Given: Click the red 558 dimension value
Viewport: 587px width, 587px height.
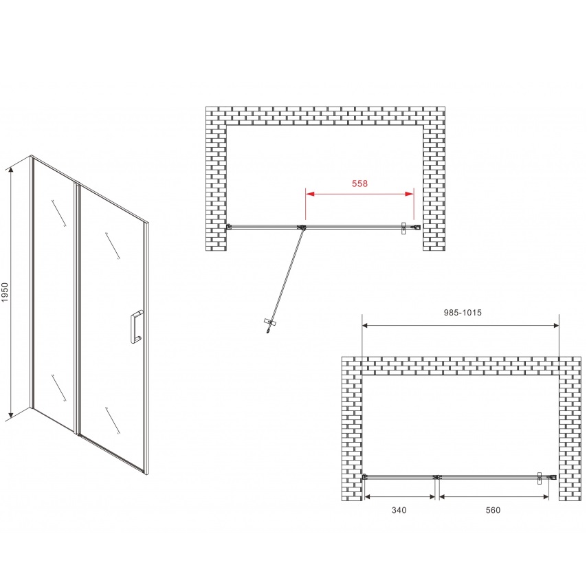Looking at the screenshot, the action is tap(359, 184).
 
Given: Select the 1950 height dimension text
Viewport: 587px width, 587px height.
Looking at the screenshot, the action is tap(5, 292).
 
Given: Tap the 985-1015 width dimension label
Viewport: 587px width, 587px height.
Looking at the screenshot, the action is tap(463, 313).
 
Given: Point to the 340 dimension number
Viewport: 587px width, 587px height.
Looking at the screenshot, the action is tap(399, 510).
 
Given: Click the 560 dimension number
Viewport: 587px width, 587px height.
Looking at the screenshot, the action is tap(493, 510).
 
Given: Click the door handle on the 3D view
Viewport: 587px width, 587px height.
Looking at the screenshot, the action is tap(136, 326).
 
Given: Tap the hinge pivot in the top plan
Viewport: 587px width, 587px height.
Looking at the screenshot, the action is tap(301, 228).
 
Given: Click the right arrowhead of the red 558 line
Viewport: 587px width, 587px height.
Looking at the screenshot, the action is tap(410, 194).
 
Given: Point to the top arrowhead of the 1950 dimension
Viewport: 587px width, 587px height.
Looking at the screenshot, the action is tap(11, 170).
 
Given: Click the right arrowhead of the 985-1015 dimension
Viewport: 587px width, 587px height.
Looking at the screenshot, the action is tap(555, 326).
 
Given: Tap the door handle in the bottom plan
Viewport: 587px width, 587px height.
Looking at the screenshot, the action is tap(540, 478).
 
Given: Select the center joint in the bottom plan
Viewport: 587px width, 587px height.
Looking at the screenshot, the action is tap(437, 477).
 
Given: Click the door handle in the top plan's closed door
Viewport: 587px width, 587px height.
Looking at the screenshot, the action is tap(403, 228).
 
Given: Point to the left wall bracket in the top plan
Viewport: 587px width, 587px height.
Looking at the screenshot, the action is tap(229, 226).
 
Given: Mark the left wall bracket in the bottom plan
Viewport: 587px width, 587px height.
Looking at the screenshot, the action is tap(365, 476).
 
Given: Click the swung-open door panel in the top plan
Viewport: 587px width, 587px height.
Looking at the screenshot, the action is tap(286, 277).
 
